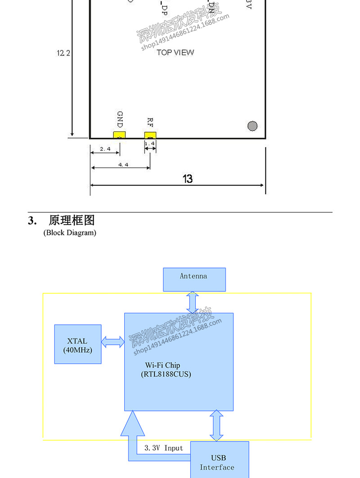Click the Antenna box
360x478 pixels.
click(194, 279)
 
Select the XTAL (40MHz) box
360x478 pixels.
click(78, 344)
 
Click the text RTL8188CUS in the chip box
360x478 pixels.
click(166, 374)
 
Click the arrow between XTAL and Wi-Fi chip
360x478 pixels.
click(113, 342)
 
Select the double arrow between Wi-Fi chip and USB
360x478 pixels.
click(216, 425)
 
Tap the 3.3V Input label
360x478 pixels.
click(164, 448)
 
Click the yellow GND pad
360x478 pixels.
click(119, 135)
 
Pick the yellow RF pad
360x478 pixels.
click(150, 135)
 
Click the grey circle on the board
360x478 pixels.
click(252, 126)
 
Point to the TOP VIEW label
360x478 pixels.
click(175, 52)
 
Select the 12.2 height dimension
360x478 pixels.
click(63, 53)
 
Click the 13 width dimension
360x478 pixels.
click(188, 179)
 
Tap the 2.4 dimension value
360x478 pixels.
click(105, 149)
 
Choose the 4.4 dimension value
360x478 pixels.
click(123, 165)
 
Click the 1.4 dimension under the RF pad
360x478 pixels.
click(150, 144)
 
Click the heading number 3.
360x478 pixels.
click(31, 221)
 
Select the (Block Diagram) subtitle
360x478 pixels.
click(70, 233)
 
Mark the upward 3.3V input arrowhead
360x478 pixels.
click(133, 424)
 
